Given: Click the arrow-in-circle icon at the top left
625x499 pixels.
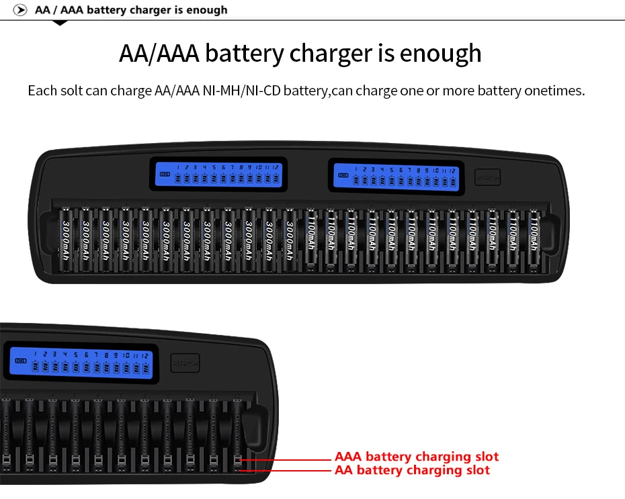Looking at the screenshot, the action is [x=21, y=10].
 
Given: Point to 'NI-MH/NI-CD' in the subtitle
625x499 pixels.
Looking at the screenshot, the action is [x=241, y=90].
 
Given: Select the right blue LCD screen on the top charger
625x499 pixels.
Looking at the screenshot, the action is [x=397, y=175].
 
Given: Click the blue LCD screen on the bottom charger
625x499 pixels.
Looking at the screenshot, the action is [x=81, y=363].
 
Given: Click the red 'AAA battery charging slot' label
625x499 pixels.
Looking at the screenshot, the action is [x=417, y=457].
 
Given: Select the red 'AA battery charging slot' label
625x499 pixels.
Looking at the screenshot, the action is [x=412, y=470].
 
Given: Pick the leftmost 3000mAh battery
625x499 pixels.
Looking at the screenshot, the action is [x=67, y=241].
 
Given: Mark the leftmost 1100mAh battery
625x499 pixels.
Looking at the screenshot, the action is [x=310, y=241].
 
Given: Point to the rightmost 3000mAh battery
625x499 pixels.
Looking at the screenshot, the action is [x=289, y=241].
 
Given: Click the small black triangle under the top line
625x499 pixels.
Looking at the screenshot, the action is [x=60, y=23].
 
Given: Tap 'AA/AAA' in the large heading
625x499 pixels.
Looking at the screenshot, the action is [x=159, y=53].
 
